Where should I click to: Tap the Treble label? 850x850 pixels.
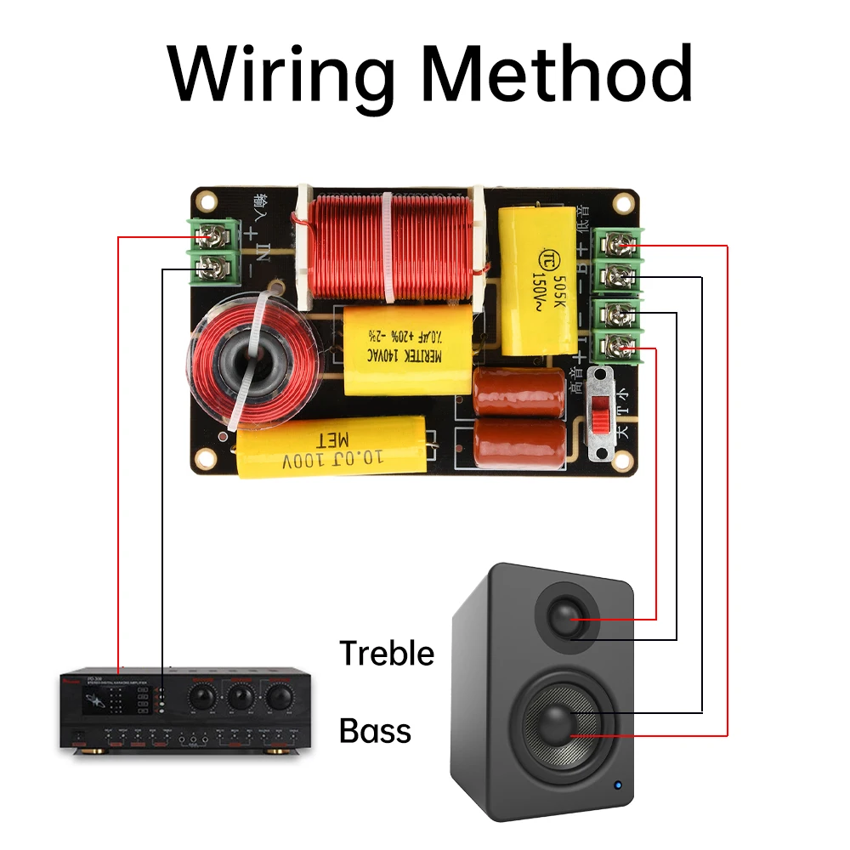pos(387,653)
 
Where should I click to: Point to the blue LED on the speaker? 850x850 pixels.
pos(618,785)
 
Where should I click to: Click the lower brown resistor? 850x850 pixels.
pos(518,441)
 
